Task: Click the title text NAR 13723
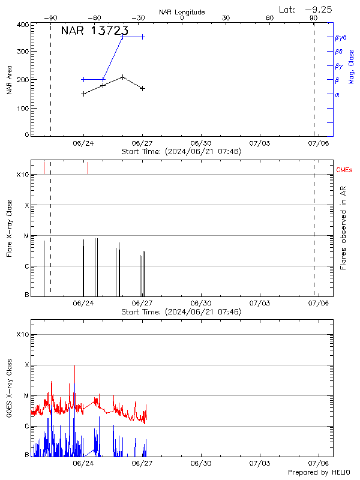(x=95, y=32)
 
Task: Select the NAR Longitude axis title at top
(x=182, y=12)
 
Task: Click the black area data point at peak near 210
(x=123, y=77)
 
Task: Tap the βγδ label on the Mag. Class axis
(x=341, y=37)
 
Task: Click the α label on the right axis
(x=337, y=94)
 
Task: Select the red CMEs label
(x=345, y=171)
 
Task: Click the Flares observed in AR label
(x=343, y=227)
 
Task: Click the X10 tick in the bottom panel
(x=22, y=334)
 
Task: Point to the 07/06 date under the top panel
(x=318, y=144)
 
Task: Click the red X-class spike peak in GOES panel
(x=74, y=365)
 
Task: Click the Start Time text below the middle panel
(x=181, y=312)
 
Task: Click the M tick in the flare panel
(x=26, y=236)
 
